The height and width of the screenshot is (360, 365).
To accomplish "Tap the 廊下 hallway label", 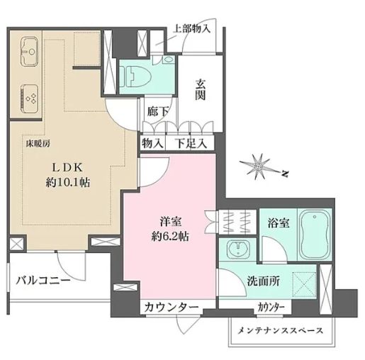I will [x=157, y=111].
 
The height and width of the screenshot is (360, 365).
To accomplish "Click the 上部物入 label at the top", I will [x=191, y=29].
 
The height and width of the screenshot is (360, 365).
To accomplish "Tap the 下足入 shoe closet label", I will [x=191, y=142].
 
